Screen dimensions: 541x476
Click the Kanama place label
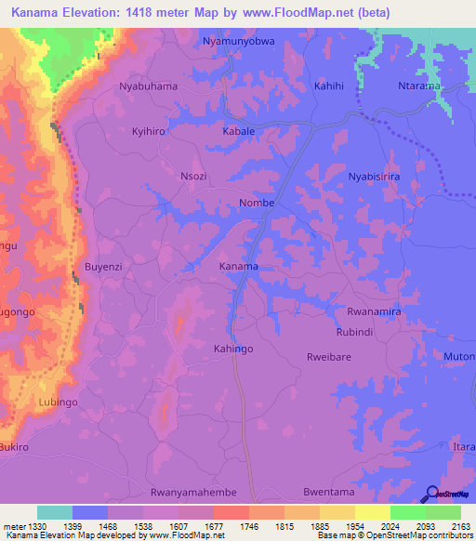tap(238, 267)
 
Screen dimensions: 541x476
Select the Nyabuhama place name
tap(149, 86)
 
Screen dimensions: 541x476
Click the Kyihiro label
tap(149, 132)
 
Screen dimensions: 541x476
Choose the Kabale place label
tap(238, 132)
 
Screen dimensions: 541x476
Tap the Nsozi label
tap(193, 176)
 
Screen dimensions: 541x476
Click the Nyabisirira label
tap(374, 176)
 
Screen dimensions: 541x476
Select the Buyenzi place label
tap(104, 267)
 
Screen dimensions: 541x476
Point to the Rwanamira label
tap(374, 312)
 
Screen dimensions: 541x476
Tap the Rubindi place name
tap(354, 332)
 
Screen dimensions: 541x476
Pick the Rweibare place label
tap(328, 357)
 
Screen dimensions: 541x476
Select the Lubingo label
tap(59, 402)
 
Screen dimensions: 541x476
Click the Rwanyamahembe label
tap(193, 492)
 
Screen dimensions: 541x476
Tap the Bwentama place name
tap(328, 492)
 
